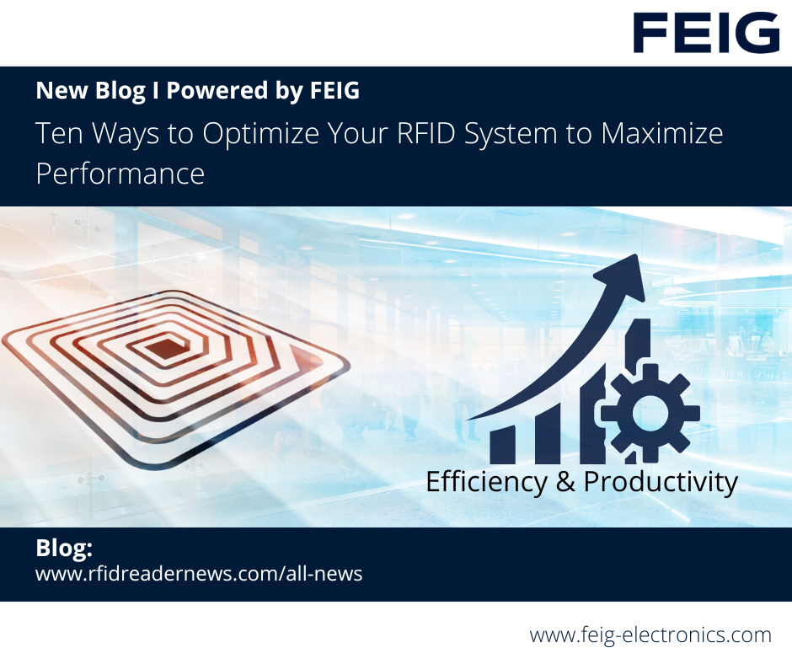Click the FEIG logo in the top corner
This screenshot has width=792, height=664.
point(706,33)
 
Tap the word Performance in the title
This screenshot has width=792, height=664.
point(120,174)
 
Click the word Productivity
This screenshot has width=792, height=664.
point(661,482)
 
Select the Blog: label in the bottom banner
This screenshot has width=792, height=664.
point(64,549)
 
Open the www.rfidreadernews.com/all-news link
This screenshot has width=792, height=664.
point(199,575)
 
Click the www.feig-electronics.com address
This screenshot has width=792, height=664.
point(650,635)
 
